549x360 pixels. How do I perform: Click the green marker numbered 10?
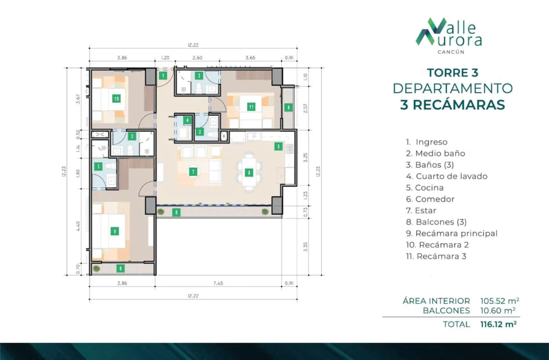[116, 99]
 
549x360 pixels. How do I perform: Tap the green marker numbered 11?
[251, 107]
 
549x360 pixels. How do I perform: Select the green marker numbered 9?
[115, 231]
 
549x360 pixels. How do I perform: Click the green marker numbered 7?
[193, 172]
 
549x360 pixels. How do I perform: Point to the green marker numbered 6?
[249, 172]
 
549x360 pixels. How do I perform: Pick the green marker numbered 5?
[278, 147]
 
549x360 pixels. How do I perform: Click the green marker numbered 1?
[163, 76]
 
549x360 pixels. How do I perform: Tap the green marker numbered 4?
[188, 121]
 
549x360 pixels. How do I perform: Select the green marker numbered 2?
[199, 132]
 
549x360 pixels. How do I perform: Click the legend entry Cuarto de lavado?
[447, 176]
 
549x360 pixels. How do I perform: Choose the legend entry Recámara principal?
[451, 234]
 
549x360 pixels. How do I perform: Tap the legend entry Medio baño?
[435, 154]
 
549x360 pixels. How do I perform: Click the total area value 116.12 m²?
[499, 324]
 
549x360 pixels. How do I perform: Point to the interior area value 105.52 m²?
[500, 301]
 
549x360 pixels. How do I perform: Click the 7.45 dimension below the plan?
[218, 283]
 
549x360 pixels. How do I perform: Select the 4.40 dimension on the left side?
[78, 226]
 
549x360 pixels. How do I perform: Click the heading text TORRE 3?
[452, 73]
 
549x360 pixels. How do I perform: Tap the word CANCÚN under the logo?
[451, 52]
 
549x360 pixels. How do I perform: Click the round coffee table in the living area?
[193, 172]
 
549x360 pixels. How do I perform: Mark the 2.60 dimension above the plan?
[197, 58]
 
